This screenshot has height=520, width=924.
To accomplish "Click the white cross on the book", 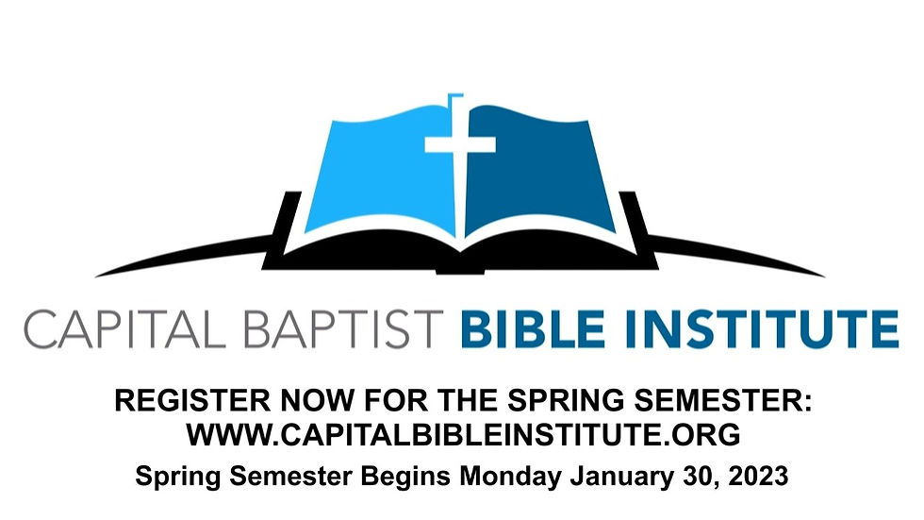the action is click(460, 143).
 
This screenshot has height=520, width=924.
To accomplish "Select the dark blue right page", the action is click(536, 171).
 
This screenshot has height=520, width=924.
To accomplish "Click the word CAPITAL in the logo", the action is click(124, 329).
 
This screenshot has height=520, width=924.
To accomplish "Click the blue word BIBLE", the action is click(534, 329).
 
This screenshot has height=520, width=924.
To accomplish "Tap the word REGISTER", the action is click(192, 401).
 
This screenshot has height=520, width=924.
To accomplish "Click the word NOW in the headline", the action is click(317, 401).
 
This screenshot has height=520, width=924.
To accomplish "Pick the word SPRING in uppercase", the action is click(565, 401).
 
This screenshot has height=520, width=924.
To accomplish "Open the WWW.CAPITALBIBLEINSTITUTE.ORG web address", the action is click(464, 435).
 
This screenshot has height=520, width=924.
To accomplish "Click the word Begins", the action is click(405, 476).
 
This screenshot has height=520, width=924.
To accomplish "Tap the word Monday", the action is click(511, 476).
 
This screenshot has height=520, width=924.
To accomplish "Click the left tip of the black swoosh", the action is click(96, 276).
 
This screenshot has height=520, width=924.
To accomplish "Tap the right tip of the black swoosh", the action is click(824, 276).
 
